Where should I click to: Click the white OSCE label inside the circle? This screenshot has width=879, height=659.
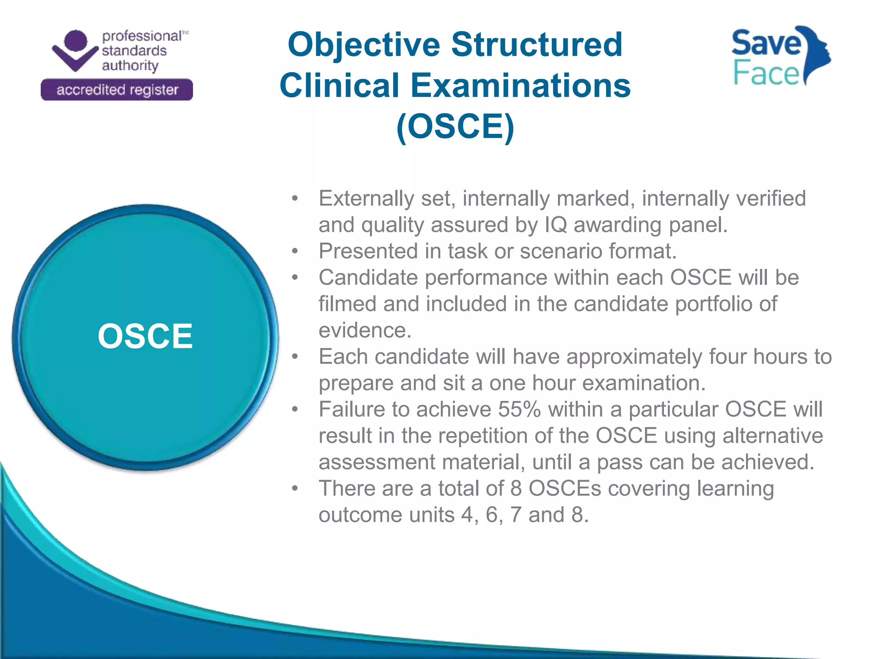145,336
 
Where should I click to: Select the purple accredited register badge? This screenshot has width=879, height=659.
117,90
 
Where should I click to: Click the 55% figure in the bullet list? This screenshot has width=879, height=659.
519,409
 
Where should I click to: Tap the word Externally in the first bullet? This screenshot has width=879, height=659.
366,199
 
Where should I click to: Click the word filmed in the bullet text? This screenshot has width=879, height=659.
347,304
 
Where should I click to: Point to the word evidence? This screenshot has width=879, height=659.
365,330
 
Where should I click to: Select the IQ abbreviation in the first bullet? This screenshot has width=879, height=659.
555,225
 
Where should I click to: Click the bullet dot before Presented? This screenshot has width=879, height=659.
294,251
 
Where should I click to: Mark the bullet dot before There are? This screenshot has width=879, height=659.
294,489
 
